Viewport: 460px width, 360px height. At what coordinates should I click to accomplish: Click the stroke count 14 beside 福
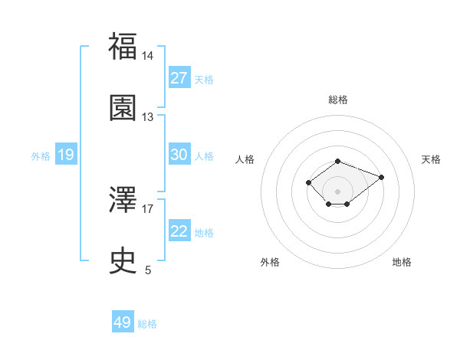tap(148, 56)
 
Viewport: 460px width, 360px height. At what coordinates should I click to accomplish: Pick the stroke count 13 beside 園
tap(148, 117)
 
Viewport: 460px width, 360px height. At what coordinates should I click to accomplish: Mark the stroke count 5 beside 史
tap(148, 270)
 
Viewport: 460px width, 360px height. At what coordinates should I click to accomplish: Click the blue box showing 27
tap(179, 78)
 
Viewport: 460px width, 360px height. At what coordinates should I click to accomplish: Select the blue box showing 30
tap(179, 155)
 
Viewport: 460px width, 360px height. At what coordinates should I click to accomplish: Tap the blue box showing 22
tap(179, 231)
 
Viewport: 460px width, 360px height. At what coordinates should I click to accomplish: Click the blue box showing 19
tap(66, 155)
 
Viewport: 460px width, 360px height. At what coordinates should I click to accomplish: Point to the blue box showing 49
tap(123, 322)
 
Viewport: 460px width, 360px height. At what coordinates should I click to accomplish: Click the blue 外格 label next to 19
tap(41, 155)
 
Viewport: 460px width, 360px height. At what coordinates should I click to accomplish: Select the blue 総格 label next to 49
tap(148, 324)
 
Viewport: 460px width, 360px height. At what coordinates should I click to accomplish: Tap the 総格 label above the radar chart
tap(338, 100)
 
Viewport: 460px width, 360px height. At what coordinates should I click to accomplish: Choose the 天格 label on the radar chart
tap(431, 159)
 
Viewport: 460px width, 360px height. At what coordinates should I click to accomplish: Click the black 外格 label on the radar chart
tap(270, 262)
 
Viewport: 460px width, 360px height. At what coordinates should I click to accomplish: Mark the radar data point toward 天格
tap(381, 177)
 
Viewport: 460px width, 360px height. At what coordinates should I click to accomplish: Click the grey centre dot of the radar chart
tap(338, 191)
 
